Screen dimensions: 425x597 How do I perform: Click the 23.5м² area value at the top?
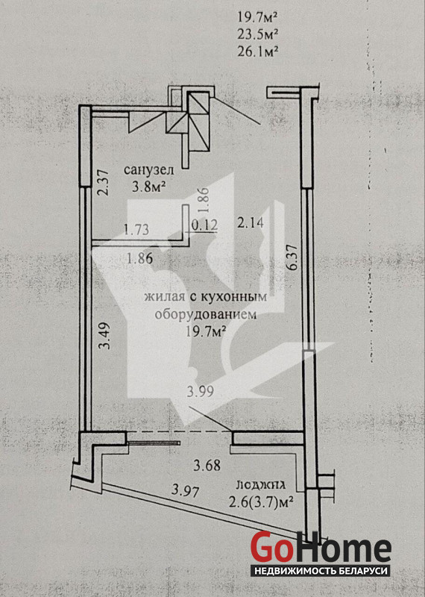(257, 34)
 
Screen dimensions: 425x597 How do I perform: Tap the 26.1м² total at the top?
(256, 51)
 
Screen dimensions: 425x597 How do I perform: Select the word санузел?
(149, 170)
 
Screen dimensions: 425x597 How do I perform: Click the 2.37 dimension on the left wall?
(104, 182)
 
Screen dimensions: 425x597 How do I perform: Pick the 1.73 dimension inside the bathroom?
(136, 230)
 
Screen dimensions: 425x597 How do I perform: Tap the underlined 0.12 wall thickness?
(205, 225)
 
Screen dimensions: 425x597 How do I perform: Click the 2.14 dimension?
(250, 222)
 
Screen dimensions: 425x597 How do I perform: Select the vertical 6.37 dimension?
(293, 257)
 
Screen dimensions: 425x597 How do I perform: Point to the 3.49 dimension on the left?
(104, 336)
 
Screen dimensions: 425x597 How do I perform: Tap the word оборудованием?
(206, 314)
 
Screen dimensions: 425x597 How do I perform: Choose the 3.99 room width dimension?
(200, 391)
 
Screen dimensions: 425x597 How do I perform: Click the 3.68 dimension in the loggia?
(207, 465)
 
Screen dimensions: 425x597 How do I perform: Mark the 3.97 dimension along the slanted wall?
(186, 490)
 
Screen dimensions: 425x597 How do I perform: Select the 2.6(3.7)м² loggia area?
(261, 501)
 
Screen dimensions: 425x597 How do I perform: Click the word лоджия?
(262, 484)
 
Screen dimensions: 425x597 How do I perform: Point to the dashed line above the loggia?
(179, 432)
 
